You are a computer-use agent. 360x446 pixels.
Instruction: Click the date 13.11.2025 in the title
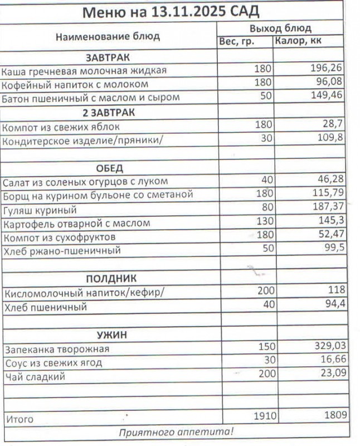point(187,12)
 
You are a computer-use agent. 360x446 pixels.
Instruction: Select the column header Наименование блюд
point(108,37)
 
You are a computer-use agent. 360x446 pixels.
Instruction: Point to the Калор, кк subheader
point(298,41)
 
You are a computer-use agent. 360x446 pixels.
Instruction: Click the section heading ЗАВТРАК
point(108,57)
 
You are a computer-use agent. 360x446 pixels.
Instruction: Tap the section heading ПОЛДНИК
point(111,278)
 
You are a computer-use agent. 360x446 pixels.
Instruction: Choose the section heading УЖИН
point(112,334)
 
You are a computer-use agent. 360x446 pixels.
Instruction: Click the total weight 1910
point(265,415)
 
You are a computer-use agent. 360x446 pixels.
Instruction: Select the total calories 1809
point(334,415)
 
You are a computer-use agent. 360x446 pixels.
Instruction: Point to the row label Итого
point(20,419)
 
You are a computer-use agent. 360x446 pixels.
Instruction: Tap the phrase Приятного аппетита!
point(177,432)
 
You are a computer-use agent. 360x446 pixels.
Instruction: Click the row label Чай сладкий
point(35,377)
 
